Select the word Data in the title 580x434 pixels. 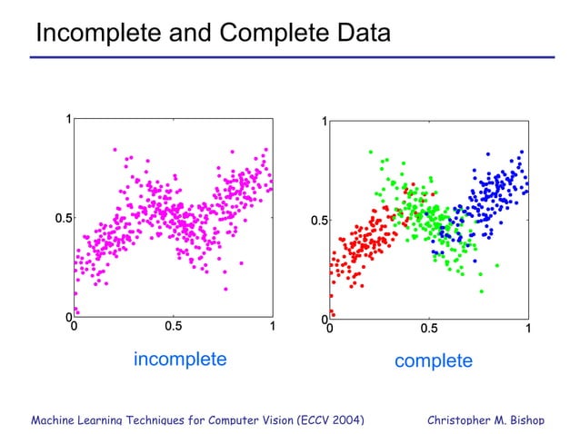(x=361, y=34)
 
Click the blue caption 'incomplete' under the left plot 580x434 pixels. (x=180, y=359)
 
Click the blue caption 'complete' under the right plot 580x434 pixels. (x=434, y=360)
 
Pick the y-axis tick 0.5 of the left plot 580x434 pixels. (x=63, y=219)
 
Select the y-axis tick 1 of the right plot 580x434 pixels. (x=324, y=122)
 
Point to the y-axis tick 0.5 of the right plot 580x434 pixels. (x=319, y=221)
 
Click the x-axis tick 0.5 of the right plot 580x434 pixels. (x=428, y=328)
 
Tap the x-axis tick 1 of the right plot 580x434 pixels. (x=528, y=328)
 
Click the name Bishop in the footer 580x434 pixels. (x=525, y=419)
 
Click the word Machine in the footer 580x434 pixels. (x=56, y=419)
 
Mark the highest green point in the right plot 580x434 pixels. (x=371, y=152)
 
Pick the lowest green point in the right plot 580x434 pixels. (x=481, y=291)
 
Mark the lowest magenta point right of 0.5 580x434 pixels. (x=225, y=289)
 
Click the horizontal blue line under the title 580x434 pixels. (x=291, y=57)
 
